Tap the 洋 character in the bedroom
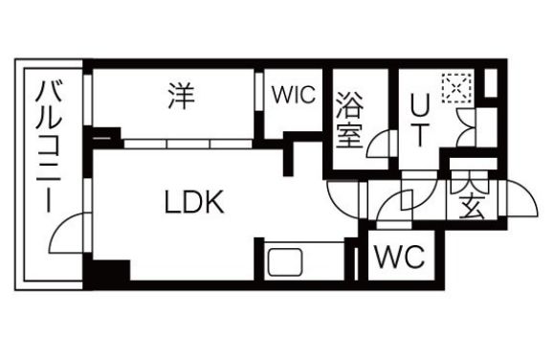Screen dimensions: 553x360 coord(177,96)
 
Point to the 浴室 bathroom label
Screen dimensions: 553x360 coord(348,120)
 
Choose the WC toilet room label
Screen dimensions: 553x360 coord(399,257)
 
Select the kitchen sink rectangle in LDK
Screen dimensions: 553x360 coord(284,261)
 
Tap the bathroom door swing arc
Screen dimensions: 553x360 coord(380,145)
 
